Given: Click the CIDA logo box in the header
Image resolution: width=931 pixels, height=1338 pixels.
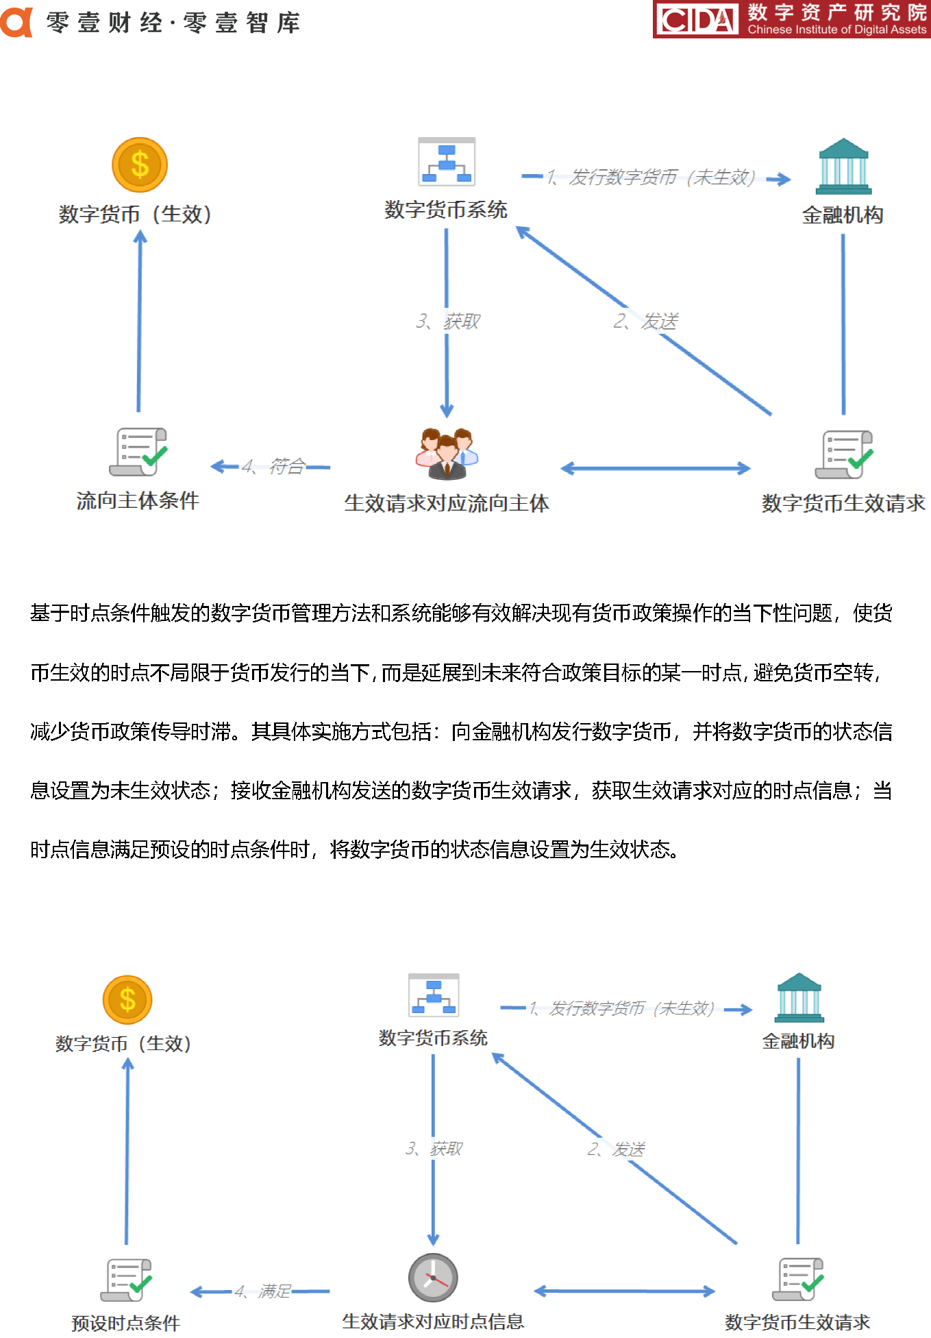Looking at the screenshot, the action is tap(696, 19).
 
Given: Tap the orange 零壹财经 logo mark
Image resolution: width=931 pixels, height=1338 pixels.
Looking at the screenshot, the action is tap(16, 22).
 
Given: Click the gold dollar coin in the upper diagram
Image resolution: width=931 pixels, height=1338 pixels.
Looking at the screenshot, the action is tap(140, 165).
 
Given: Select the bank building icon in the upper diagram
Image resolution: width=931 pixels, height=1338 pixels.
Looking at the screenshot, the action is tap(843, 167).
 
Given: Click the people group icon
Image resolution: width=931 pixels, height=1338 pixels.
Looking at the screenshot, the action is tap(447, 453).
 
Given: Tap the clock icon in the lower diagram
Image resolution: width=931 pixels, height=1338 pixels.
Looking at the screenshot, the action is tap(433, 1278).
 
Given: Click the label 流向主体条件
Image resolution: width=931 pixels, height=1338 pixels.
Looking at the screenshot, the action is tap(138, 500).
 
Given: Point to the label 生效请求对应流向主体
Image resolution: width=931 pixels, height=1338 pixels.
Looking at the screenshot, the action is tap(447, 503).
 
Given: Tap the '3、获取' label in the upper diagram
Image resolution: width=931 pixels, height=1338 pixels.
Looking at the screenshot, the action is tap(448, 321).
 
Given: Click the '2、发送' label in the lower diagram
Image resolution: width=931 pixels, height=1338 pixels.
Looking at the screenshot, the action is tap(616, 1149).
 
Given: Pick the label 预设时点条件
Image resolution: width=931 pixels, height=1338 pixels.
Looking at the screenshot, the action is tap(125, 1323).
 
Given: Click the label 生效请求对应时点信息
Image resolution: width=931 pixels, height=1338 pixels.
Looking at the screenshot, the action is tap(433, 1322).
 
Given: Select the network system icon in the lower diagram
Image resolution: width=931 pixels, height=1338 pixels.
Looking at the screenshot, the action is tap(434, 995).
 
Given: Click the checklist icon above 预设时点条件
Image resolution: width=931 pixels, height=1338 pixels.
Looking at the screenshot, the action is tap(127, 1280).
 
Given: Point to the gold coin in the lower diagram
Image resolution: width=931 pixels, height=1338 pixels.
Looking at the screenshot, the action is tap(127, 999).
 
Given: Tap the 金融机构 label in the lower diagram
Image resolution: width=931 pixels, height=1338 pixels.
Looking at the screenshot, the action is tap(798, 1041).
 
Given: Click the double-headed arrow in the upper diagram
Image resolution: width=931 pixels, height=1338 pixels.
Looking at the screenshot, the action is tap(656, 469).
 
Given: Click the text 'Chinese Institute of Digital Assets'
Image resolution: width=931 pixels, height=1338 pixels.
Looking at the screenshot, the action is tap(837, 29).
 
